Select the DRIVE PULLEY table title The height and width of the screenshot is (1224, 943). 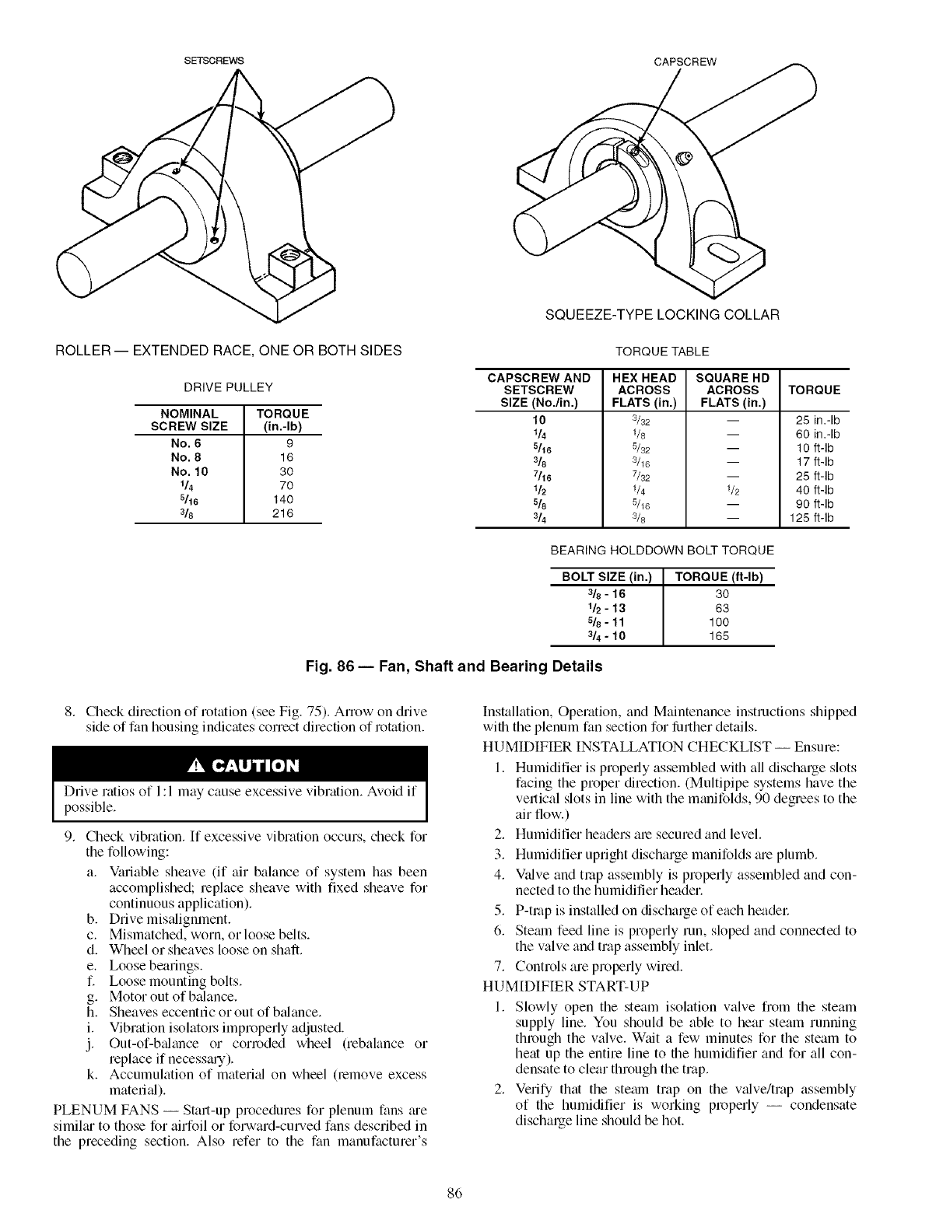228,387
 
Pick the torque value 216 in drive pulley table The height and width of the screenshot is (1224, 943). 282,514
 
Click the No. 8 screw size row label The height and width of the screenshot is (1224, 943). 189,457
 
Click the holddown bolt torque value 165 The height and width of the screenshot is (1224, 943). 718,636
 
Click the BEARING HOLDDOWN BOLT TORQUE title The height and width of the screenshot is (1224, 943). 662,551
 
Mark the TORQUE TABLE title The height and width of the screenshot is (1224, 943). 662,351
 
